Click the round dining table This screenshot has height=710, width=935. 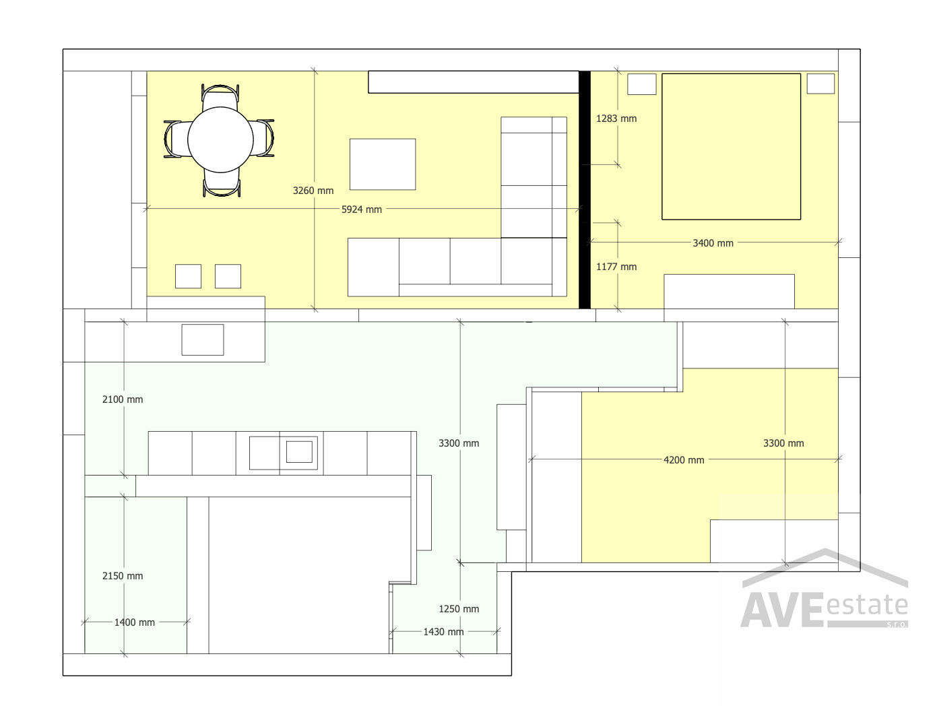pos(220,139)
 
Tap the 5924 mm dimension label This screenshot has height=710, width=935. pos(362,209)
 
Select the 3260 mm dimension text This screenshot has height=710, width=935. pos(313,191)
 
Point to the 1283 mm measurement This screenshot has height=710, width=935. pos(616,119)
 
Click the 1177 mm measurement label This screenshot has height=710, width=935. pos(616,267)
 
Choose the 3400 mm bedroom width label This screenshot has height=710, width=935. pos(713,243)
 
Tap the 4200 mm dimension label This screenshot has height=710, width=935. pos(684,460)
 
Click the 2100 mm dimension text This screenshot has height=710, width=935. pos(123,399)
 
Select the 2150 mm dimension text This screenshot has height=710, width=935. pos(123,576)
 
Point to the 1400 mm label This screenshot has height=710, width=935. pos(135,622)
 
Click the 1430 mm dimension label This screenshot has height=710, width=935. pos(443,632)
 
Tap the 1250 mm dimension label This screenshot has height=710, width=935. pos(459,609)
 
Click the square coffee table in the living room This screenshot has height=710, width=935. pos(383,164)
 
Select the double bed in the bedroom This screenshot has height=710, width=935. pos(731,147)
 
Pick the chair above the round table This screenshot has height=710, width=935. pos(220,96)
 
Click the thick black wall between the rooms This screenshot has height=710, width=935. pos(585,190)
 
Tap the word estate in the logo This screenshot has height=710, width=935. pos(867,605)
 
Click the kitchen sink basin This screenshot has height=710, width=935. pos(299,452)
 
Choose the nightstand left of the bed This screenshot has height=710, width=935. pos(641,84)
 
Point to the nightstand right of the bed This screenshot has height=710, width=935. pos(820,84)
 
